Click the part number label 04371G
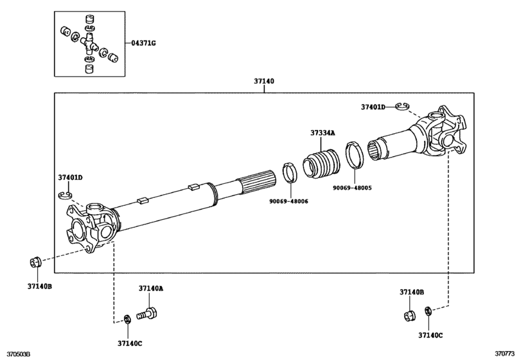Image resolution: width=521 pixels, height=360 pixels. (x=143, y=43)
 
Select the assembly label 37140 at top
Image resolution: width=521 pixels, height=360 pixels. (x=264, y=81)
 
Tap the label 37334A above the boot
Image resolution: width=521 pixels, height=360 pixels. (x=322, y=133)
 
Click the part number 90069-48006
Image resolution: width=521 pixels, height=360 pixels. (x=288, y=201)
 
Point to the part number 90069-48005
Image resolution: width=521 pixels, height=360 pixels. (x=352, y=188)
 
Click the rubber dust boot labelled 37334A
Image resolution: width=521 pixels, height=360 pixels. (x=321, y=163)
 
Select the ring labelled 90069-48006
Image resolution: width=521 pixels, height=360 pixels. (x=290, y=172)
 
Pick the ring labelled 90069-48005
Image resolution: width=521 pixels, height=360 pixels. (x=355, y=154)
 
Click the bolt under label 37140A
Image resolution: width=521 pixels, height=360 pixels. (x=147, y=314)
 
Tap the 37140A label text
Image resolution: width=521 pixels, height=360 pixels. (x=151, y=289)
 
